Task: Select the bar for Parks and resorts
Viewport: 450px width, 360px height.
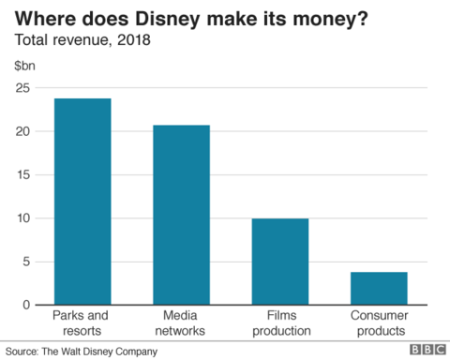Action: (82, 202)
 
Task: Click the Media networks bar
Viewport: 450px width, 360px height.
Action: (181, 215)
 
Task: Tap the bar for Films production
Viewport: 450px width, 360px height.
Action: (279, 262)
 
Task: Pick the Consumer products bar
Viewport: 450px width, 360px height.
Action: (378, 288)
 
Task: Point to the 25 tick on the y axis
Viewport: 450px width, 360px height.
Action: (22, 88)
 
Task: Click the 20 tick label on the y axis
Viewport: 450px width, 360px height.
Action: (22, 131)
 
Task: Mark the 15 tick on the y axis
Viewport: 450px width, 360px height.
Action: (22, 174)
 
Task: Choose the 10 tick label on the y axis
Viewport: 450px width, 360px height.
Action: (22, 218)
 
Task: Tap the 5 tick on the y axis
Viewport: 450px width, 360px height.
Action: (26, 262)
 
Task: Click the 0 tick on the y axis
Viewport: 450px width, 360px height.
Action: (26, 305)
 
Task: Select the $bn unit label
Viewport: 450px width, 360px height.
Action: (24, 66)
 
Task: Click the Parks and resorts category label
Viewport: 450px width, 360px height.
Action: (82, 324)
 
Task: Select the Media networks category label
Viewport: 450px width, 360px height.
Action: (181, 324)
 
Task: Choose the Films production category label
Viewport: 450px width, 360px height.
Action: (279, 324)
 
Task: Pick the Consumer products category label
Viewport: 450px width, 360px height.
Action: (378, 324)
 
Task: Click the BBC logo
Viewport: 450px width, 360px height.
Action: (426, 350)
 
